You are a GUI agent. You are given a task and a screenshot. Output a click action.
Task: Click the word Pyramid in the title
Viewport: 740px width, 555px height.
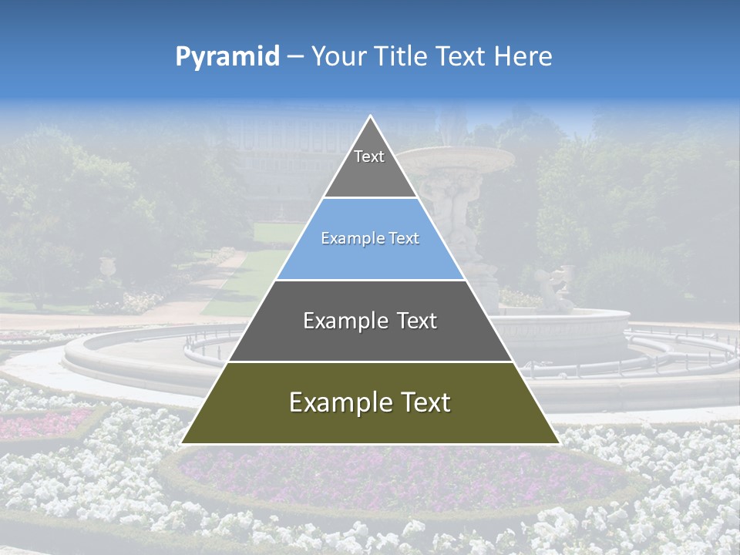[227, 57]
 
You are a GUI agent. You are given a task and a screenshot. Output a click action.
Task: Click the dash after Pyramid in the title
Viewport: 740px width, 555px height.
[294, 57]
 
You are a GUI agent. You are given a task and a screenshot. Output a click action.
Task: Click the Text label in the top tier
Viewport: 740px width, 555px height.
[369, 156]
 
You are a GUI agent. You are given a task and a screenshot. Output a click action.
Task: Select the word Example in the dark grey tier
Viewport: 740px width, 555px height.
[337, 321]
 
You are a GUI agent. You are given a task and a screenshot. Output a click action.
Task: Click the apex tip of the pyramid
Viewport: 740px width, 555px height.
[371, 116]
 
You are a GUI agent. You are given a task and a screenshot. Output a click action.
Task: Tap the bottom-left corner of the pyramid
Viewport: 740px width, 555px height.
[182, 443]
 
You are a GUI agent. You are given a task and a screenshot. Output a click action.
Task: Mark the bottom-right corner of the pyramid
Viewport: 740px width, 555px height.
[559, 443]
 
